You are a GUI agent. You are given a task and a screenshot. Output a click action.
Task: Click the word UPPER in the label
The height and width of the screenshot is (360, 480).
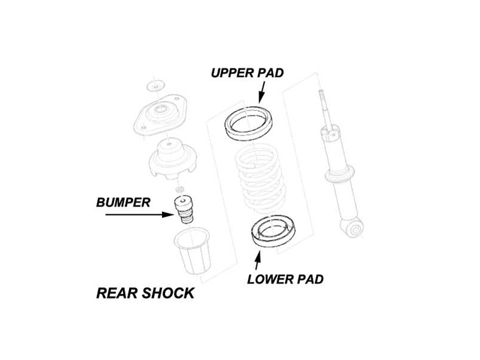232,73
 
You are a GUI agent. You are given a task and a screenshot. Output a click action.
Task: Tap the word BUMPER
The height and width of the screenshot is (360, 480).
123,203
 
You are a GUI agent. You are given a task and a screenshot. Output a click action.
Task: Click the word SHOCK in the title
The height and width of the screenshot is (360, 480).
168,293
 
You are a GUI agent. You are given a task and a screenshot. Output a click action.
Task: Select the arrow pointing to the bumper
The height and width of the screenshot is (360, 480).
140,215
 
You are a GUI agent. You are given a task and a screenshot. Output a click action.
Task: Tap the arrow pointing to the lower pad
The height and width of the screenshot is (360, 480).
258,260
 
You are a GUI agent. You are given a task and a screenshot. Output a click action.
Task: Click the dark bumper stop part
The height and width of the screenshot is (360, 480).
184,210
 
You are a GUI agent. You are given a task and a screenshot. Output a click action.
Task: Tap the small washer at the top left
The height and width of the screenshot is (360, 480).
155,86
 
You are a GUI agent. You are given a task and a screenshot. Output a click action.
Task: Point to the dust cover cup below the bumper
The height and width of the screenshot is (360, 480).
192,250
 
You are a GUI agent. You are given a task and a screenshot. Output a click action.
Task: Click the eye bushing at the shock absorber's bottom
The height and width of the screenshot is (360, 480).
355,229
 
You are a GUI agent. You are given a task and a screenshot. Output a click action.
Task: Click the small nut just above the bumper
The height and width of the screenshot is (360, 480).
181,189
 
